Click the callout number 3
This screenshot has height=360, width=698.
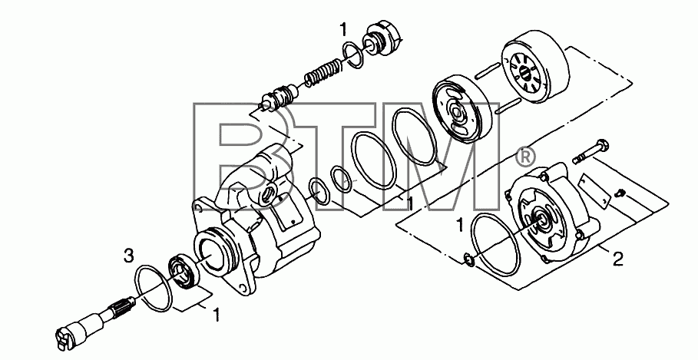click(128, 256)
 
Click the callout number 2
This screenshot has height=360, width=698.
click(618, 259)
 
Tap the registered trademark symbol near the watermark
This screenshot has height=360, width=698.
click(524, 156)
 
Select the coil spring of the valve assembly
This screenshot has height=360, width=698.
click(323, 71)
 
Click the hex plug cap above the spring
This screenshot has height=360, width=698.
click(384, 40)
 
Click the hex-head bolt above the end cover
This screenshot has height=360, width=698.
click(590, 151)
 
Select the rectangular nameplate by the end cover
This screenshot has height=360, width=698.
click(594, 190)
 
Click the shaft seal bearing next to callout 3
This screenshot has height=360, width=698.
click(183, 272)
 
